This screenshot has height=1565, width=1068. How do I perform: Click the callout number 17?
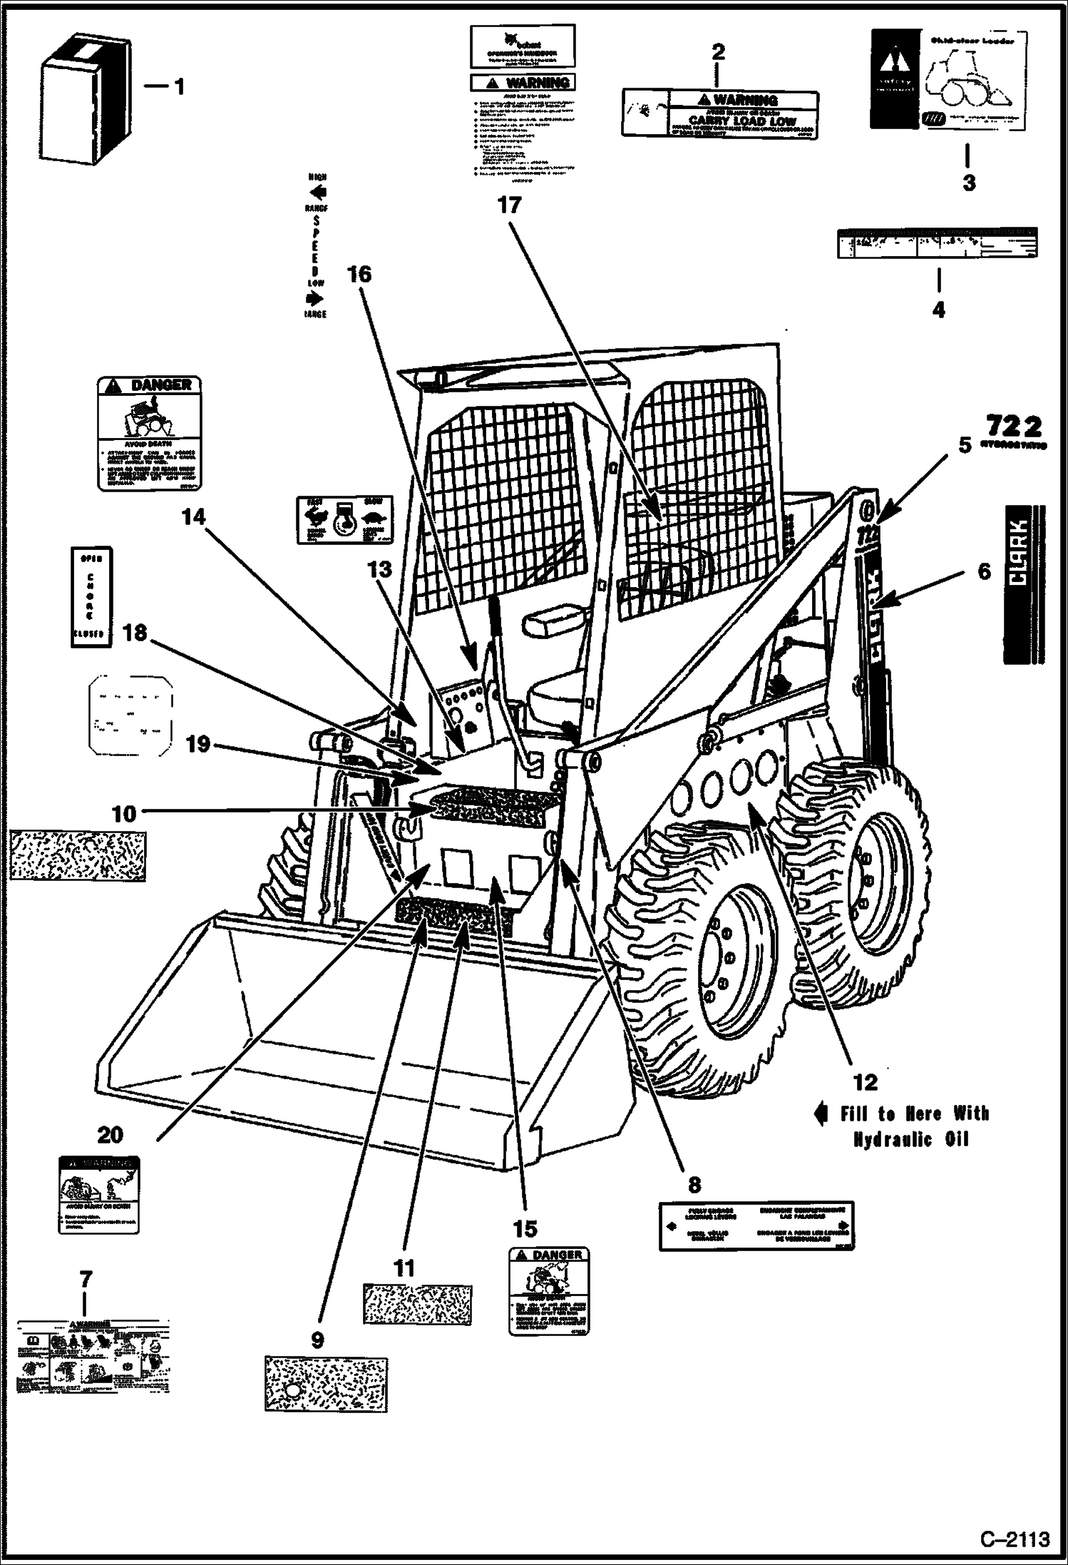coord(509,205)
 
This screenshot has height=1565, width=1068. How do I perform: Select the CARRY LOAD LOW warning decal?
coord(720,113)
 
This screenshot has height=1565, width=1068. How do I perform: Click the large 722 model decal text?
coord(1014,427)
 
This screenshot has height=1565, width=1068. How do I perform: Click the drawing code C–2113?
coord(1015,1540)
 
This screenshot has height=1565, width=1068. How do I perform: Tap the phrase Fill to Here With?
coord(914,1113)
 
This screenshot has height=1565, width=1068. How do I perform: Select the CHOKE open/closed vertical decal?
coord(91,596)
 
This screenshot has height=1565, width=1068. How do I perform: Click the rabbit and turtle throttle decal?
coord(344,521)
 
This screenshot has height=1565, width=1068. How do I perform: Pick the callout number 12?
coord(865,1082)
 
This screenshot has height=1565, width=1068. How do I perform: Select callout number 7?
coord(86,1279)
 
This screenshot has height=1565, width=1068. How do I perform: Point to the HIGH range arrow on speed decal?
coord(317,192)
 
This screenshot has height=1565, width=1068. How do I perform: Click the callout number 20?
coord(110,1133)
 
